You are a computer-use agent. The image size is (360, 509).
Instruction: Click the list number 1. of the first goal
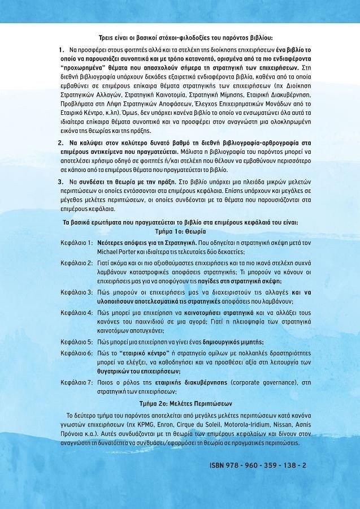(61, 50)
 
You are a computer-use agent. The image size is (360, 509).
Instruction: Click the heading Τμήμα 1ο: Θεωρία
(180, 231)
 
